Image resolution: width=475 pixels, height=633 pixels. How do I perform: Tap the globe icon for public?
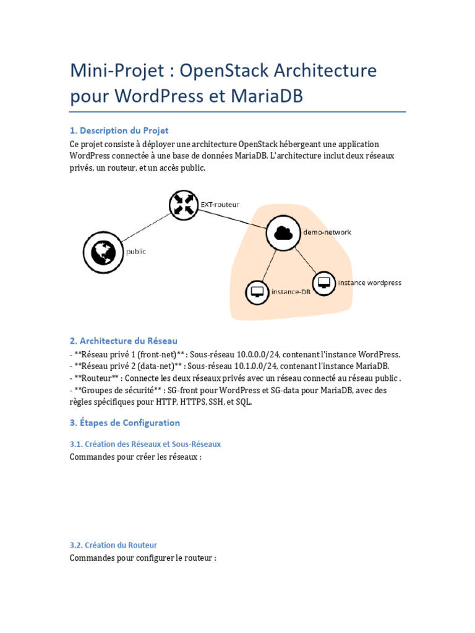click(x=100, y=252)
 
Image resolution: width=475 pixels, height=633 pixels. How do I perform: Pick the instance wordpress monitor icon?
click(x=322, y=283)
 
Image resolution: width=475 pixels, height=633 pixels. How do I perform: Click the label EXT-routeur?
click(x=219, y=203)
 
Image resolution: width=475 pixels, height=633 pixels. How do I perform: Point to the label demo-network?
click(x=327, y=232)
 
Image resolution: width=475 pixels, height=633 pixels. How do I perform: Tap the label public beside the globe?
click(x=136, y=252)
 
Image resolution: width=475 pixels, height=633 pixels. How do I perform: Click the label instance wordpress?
click(x=369, y=283)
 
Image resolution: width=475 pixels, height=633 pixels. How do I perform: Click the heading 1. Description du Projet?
click(x=119, y=130)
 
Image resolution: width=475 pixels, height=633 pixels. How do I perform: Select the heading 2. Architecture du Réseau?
click(x=124, y=341)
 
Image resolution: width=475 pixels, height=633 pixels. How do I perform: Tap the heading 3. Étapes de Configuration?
click(x=125, y=423)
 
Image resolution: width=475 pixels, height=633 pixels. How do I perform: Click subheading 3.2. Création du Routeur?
click(x=113, y=545)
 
